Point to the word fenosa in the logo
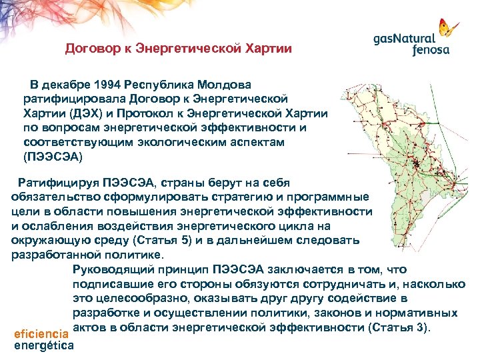point(431,50)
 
